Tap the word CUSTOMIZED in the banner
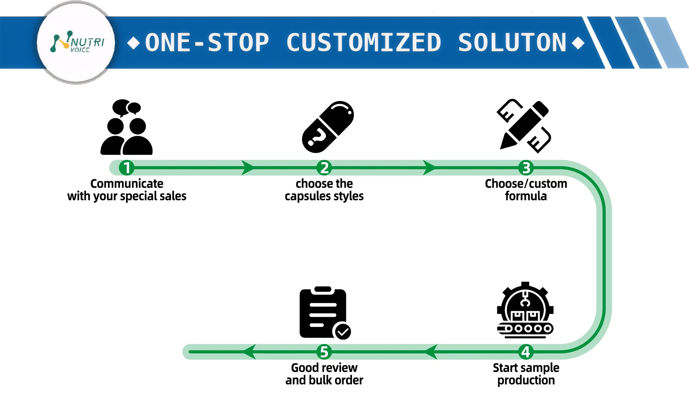(x=363, y=43)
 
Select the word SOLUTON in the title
(x=512, y=43)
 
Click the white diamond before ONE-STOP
(x=133, y=43)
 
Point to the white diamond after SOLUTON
(x=578, y=43)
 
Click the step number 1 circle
(x=126, y=168)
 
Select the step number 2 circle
(x=324, y=168)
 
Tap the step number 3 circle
(x=526, y=168)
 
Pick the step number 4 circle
(x=526, y=352)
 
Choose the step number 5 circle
(x=324, y=352)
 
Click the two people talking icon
(x=126, y=127)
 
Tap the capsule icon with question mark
(x=328, y=127)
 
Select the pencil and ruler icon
(x=524, y=126)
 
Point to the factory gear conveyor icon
(x=525, y=310)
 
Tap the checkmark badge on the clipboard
(x=343, y=331)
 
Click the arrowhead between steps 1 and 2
(x=247, y=168)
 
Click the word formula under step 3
(x=526, y=196)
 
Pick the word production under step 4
(x=526, y=380)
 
